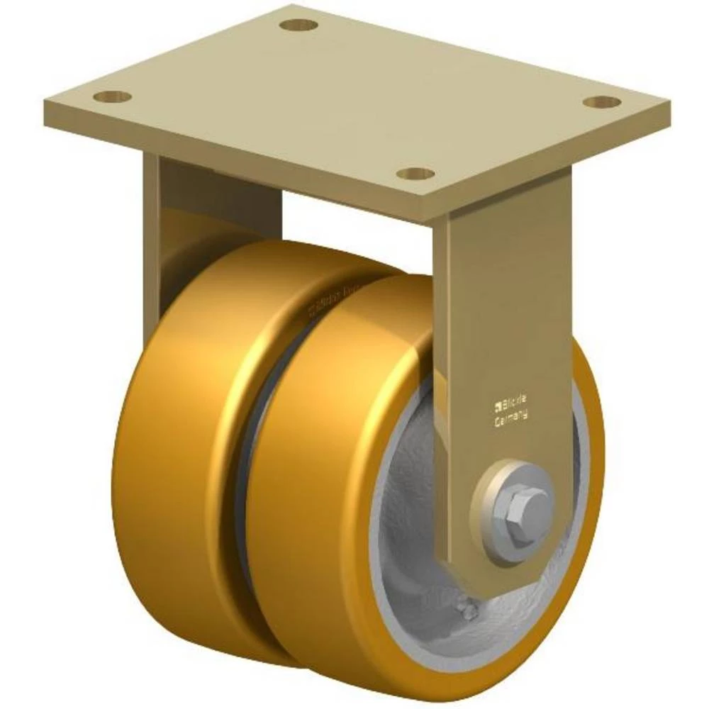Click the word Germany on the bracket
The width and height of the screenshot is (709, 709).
(510, 419)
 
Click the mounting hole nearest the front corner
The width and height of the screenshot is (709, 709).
(415, 173)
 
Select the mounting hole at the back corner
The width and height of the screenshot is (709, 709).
(298, 25)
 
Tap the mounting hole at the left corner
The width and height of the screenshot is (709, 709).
(112, 96)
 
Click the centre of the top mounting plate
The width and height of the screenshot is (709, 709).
(354, 99)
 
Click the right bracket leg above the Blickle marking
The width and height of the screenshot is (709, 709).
(503, 298)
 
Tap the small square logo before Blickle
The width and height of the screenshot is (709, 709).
(496, 406)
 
